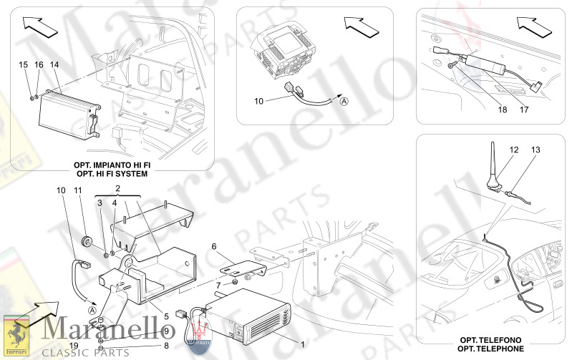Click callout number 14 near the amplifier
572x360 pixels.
click(x=54, y=64)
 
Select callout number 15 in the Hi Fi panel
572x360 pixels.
click(x=23, y=64)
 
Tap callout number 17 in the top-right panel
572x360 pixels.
click(x=524, y=110)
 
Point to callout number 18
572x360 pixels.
click(x=503, y=110)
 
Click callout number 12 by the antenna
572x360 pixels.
click(x=514, y=150)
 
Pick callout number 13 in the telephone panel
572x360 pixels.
click(x=535, y=150)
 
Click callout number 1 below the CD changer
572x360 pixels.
click(x=302, y=344)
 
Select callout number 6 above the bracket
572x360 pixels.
click(x=214, y=247)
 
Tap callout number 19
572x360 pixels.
click(x=74, y=346)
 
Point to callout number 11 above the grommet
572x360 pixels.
click(x=78, y=190)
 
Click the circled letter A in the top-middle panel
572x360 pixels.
click(x=344, y=102)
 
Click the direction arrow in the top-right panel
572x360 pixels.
click(x=533, y=26)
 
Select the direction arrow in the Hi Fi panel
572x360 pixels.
click(x=40, y=26)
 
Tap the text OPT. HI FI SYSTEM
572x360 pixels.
click(x=112, y=174)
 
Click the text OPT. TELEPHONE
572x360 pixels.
click(x=490, y=349)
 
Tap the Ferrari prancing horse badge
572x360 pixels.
click(x=16, y=336)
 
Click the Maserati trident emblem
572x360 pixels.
click(x=199, y=333)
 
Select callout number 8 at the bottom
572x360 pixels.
click(x=166, y=346)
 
